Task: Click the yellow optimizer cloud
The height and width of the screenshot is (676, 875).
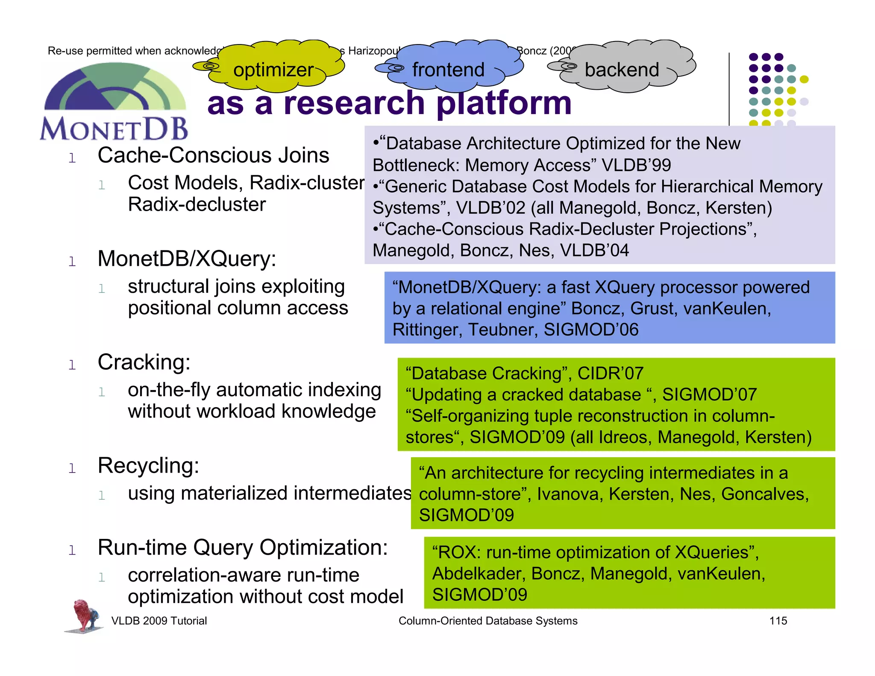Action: pos(273,68)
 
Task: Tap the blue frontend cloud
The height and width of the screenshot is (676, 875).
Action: pos(449,68)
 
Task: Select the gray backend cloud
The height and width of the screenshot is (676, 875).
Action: pos(622,68)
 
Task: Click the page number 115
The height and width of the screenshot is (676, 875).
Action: pos(778,621)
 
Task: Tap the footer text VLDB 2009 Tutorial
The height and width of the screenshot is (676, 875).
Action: pos(159,621)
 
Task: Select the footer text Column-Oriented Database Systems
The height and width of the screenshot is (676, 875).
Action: pos(488,621)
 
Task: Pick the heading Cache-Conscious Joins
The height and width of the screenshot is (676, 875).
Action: pos(213,155)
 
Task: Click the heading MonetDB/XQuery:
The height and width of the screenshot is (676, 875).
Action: pos(187,259)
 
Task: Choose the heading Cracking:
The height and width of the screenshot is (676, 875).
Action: pos(144,362)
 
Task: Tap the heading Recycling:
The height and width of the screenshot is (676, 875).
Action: pos(148,465)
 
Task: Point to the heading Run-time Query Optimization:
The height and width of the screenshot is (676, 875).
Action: pos(243,547)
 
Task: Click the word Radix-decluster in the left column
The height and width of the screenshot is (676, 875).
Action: pos(197,204)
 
